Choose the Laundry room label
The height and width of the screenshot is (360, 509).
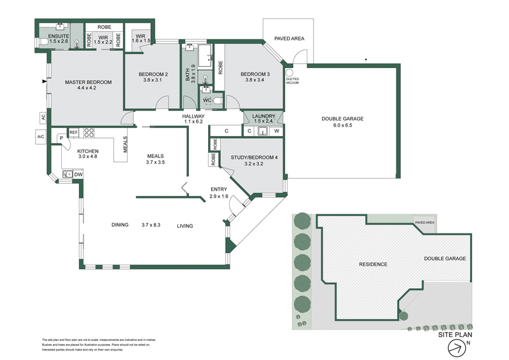(x=263, y=118)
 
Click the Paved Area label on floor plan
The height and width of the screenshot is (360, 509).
(x=289, y=39)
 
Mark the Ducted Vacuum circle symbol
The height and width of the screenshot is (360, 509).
(x=290, y=73)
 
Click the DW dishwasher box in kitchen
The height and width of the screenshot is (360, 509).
(x=78, y=174)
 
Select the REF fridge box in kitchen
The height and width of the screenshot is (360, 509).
(x=74, y=132)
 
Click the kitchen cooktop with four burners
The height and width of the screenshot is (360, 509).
(x=89, y=133)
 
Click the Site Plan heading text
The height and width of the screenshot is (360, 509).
(x=456, y=333)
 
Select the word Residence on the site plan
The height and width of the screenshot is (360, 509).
(x=373, y=263)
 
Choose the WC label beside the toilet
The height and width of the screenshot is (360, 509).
(x=207, y=100)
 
